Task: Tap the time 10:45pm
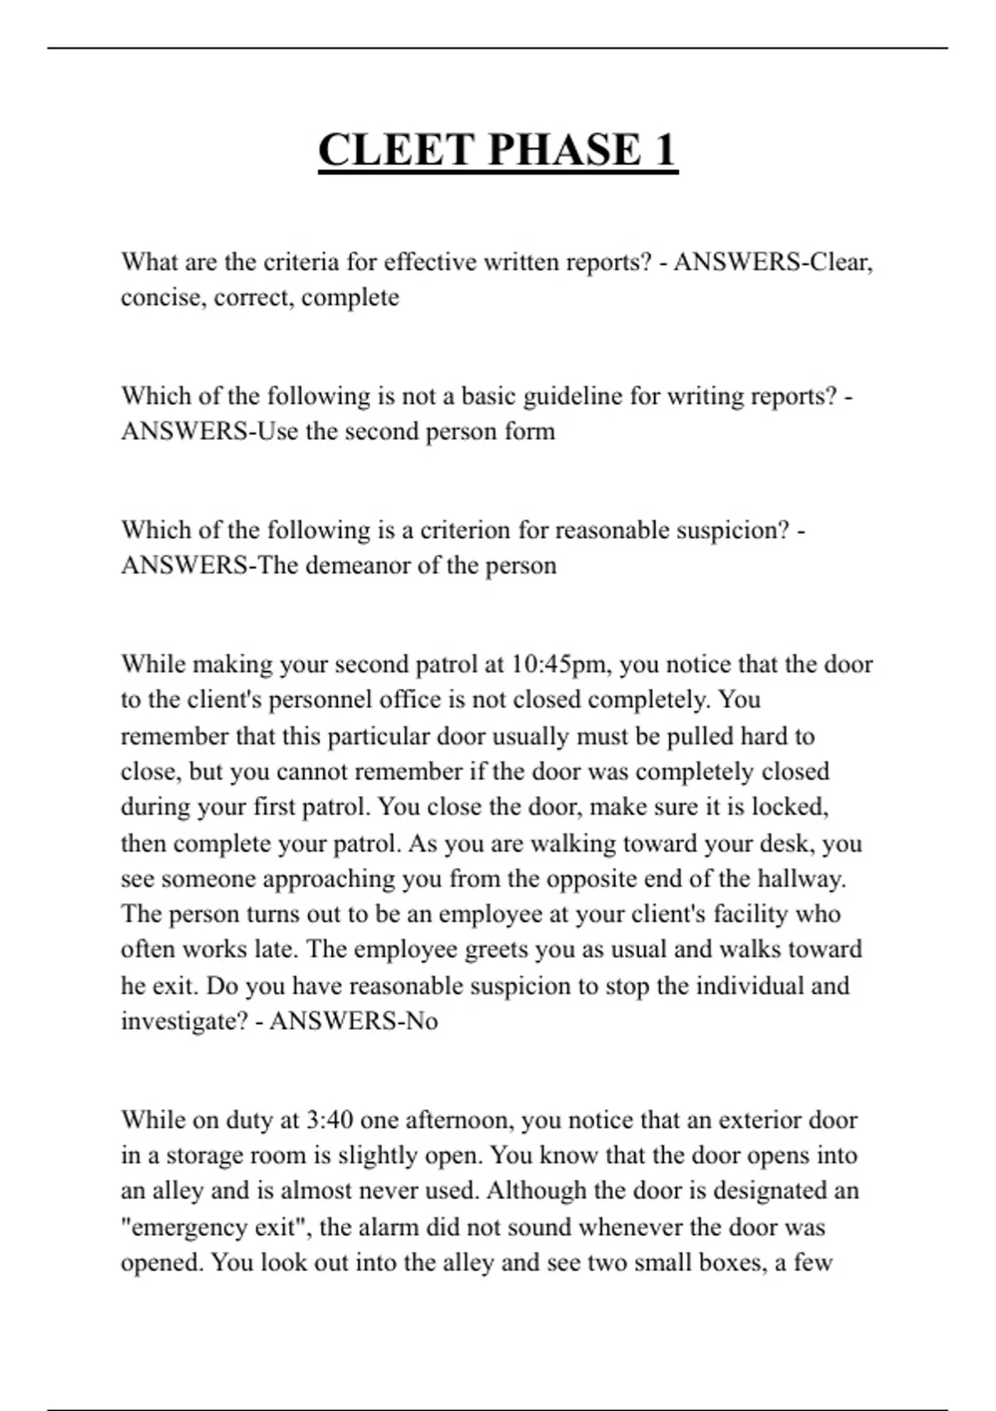coord(561,664)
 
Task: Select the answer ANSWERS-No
coord(354,1021)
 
